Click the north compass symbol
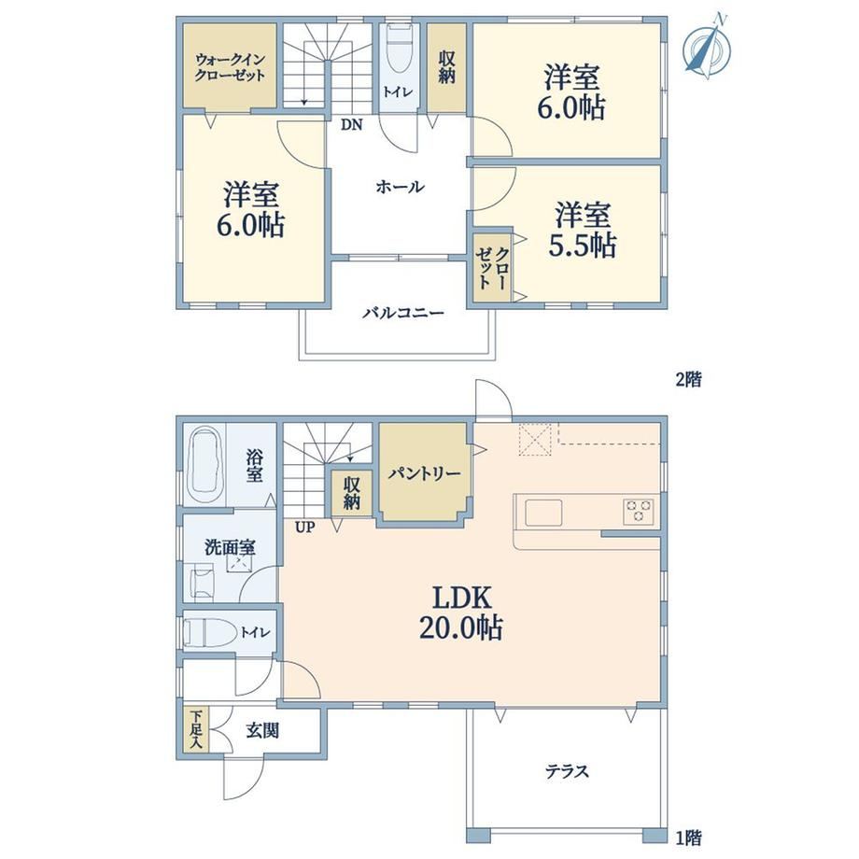(707, 47)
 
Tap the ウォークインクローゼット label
(230, 67)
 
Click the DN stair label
(352, 125)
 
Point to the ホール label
(400, 187)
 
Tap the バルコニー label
(403, 313)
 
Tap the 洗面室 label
(230, 547)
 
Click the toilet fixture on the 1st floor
(208, 632)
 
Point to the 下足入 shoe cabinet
(196, 729)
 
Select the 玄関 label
(262, 730)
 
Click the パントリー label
(424, 472)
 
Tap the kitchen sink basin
(543, 513)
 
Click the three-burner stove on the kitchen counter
(638, 512)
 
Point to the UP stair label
(305, 528)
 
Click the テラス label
(567, 771)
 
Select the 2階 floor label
(689, 379)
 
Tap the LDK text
(462, 598)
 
